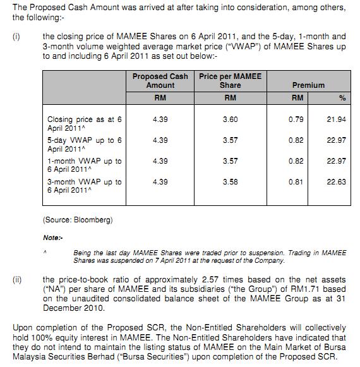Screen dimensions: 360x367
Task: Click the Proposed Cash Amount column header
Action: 160,81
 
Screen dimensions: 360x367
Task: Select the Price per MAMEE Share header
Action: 230,81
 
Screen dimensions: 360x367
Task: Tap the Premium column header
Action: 308,85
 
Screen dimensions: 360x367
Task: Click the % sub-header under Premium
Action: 342,99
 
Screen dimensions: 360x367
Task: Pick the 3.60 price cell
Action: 230,119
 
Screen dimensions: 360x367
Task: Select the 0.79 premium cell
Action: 297,119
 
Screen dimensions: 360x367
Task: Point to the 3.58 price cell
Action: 230,182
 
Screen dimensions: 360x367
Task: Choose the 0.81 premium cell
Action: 297,182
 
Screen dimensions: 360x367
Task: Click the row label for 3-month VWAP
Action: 85,186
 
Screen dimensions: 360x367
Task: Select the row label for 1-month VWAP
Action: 85,165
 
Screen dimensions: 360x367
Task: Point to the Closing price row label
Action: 85,123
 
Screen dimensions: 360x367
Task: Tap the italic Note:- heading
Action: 52,238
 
